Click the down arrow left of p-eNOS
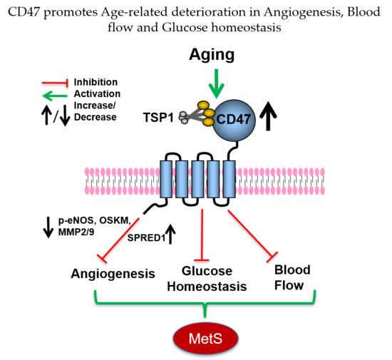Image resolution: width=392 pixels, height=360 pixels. (x=47, y=226)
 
